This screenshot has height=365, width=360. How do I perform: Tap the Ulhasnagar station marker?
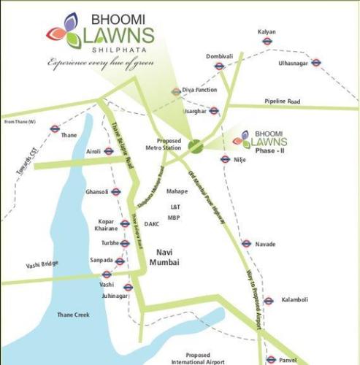pos(316,63)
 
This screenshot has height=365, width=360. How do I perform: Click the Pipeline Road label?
pos(283,101)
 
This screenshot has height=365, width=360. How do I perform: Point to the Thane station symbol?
pos(54,128)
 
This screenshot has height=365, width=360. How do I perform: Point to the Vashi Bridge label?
pos(42,264)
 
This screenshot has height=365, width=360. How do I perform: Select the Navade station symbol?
pos(247,244)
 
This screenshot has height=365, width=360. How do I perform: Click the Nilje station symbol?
pos(225,159)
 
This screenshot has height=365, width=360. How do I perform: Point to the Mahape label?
pos(177,191)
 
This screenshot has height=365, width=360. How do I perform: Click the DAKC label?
pos(152,223)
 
